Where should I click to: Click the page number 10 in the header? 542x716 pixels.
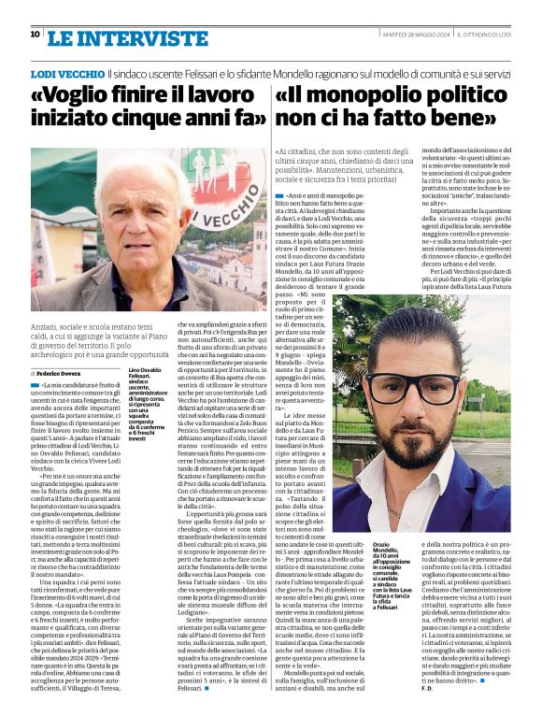[x=35, y=35]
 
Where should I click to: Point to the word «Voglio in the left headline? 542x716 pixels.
[x=74, y=96]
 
